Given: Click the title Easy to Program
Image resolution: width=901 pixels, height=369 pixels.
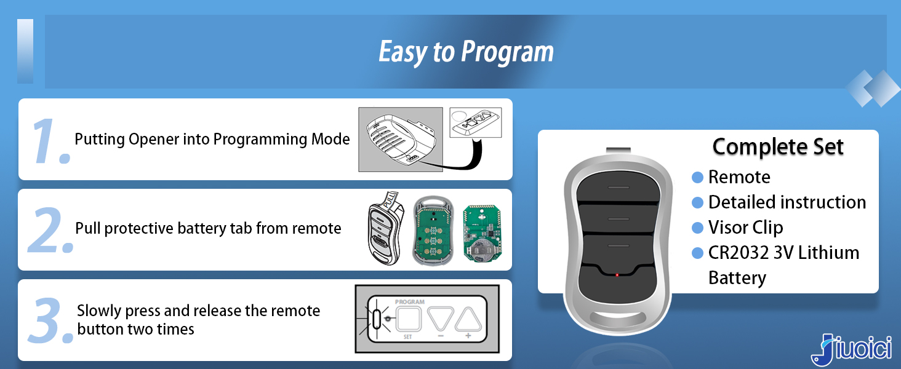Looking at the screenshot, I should coord(466,52).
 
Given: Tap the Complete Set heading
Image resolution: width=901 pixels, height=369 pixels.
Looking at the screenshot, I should coord(778,147).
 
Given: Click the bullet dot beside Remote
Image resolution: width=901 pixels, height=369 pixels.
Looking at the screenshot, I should coord(697,177).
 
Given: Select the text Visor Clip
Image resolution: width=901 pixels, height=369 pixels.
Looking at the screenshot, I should coord(745,228).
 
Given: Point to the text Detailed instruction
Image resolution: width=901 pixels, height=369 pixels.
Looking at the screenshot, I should coord(787,202).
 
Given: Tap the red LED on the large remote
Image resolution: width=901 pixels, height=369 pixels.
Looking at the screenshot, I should coord(617,274).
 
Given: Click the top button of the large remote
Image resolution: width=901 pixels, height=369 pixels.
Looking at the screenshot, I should coord(617,186).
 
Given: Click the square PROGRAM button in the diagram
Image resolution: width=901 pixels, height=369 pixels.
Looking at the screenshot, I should coord(407,319).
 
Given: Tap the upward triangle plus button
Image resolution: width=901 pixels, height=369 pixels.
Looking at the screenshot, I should coord(467,319).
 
